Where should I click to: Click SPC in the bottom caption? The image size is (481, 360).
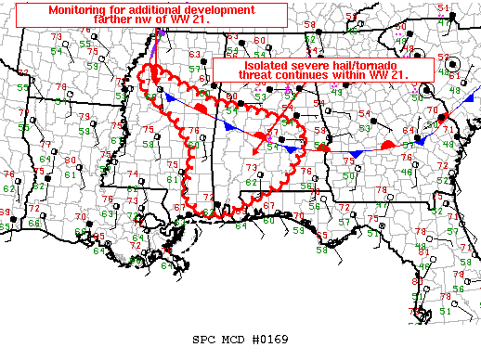click(205, 340)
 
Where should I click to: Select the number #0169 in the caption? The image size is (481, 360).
click(270, 340)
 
